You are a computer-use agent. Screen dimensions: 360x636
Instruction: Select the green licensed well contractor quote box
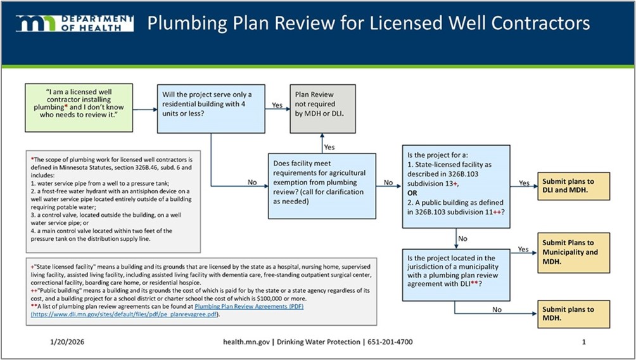(x=79, y=106)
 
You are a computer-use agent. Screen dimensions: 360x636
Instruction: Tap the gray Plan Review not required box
(x=321, y=108)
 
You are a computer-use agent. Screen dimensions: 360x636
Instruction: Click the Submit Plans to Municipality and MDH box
(x=573, y=252)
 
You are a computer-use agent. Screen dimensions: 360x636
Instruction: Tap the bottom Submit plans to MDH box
(x=573, y=314)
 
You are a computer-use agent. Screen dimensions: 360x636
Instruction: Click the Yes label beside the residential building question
(x=277, y=105)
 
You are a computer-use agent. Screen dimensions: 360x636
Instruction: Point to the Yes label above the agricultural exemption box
(x=329, y=147)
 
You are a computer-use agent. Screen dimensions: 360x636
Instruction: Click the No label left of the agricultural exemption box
(x=252, y=181)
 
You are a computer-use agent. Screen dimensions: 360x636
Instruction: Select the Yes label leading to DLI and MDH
(x=524, y=183)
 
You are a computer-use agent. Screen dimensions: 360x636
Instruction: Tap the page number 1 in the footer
(x=583, y=342)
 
